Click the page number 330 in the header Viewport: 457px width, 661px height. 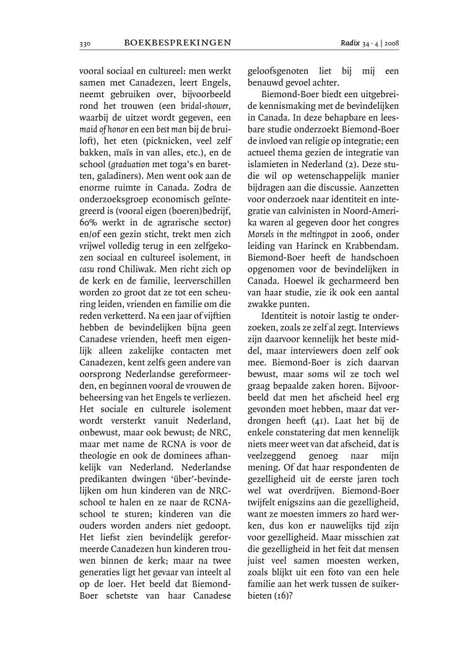point(85,43)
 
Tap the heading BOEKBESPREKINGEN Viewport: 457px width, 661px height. point(178,43)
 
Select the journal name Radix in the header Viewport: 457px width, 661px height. point(351,43)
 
